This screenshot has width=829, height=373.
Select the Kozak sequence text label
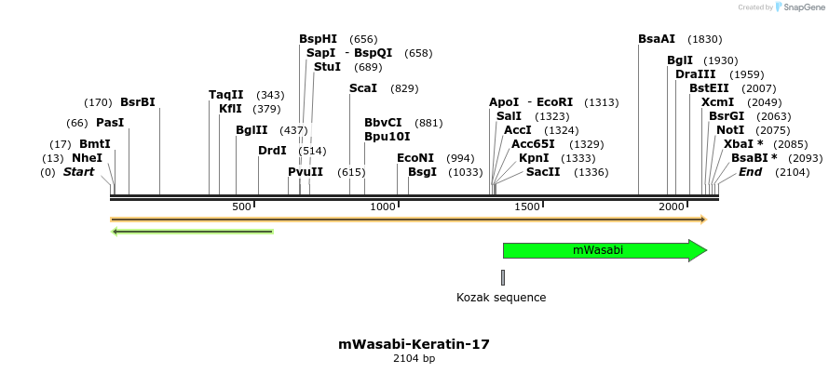tap(501, 298)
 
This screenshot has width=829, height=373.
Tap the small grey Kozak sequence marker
tap(503, 277)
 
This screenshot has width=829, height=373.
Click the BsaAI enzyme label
tap(657, 39)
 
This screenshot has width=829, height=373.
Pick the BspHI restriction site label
tap(319, 39)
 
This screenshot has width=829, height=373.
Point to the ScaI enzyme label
tap(363, 88)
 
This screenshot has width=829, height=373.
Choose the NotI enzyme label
tap(730, 130)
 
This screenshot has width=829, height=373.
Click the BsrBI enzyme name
tap(138, 102)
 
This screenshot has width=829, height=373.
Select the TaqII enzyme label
tap(226, 95)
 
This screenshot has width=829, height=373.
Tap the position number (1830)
tap(704, 39)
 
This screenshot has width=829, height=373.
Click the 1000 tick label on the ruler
tap(384, 206)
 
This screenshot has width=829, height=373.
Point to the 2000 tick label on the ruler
tap(673, 206)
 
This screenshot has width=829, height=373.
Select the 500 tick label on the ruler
tap(242, 206)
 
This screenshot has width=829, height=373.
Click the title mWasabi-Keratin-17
tap(414, 344)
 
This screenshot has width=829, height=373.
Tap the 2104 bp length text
tap(414, 359)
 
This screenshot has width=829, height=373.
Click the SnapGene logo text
tap(802, 7)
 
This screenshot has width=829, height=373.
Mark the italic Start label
tap(79, 172)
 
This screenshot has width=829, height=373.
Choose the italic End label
tap(750, 172)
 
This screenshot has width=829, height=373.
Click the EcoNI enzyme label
tap(415, 158)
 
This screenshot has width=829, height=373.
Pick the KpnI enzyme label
tap(534, 158)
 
